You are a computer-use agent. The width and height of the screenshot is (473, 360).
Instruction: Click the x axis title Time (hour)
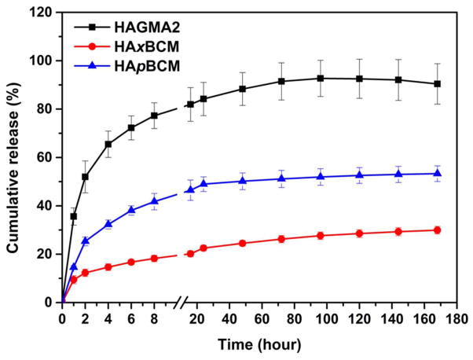tap(259, 343)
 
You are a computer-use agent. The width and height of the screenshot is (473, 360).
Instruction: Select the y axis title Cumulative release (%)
tap(14, 157)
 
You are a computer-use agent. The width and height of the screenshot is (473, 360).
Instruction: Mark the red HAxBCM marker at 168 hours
tap(437, 230)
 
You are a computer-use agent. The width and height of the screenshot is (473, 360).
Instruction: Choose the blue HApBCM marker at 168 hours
tap(437, 173)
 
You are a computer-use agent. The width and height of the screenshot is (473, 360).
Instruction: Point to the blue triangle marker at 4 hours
tap(108, 224)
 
